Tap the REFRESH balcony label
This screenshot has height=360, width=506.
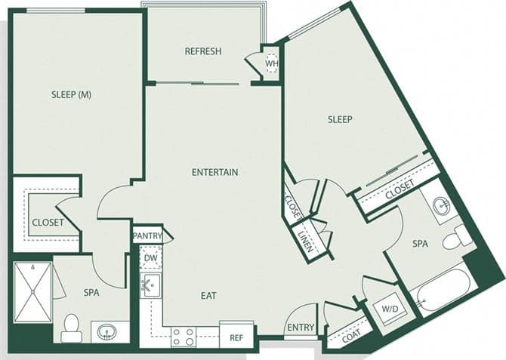(203, 51)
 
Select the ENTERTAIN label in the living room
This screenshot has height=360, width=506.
(214, 172)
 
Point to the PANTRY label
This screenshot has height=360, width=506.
(147, 236)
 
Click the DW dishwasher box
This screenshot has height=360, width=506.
(150, 258)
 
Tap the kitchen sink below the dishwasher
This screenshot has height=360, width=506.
(150, 285)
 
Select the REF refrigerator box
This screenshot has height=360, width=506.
(236, 337)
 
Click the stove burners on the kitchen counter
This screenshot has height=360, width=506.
(184, 336)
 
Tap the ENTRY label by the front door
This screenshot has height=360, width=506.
(301, 328)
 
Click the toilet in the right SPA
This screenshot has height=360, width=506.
(456, 238)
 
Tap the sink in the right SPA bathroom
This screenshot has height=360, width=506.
(441, 205)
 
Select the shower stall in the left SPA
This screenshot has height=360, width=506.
(33, 292)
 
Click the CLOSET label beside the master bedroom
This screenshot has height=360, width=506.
(48, 222)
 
